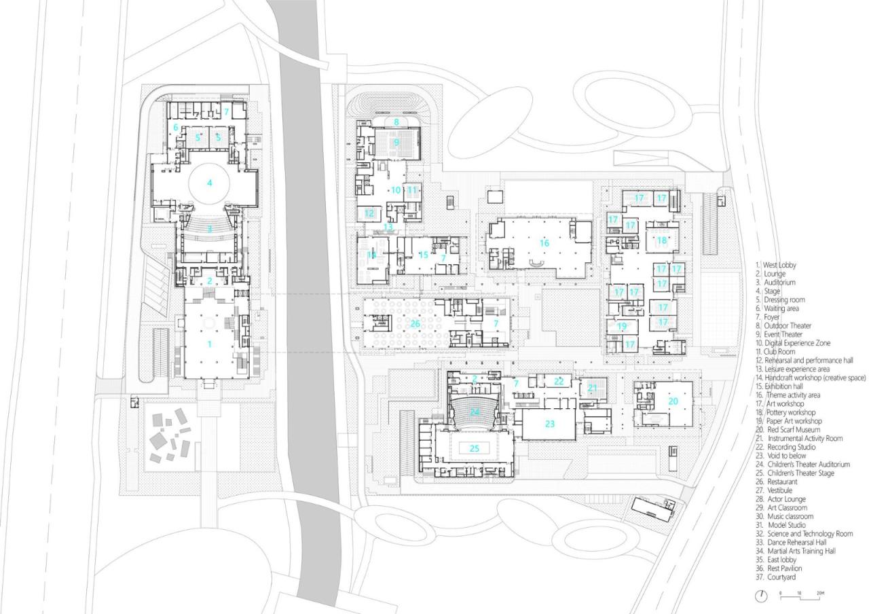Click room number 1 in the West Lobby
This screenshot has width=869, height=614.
pyautogui.click(x=210, y=344)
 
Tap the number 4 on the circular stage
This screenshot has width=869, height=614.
pyautogui.click(x=210, y=182)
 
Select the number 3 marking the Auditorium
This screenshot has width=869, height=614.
pyautogui.click(x=210, y=229)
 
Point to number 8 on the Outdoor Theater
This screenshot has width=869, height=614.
pyautogui.click(x=396, y=122)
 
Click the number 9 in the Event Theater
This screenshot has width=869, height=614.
pyautogui.click(x=396, y=142)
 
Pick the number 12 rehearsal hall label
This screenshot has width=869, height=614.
pyautogui.click(x=369, y=213)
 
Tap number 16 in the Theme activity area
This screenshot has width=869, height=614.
pyautogui.click(x=544, y=242)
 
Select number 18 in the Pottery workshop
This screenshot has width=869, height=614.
pyautogui.click(x=661, y=240)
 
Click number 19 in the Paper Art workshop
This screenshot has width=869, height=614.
pyautogui.click(x=622, y=327)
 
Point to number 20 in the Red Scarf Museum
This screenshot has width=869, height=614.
pyautogui.click(x=673, y=401)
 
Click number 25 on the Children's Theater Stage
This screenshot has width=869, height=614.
pyautogui.click(x=475, y=448)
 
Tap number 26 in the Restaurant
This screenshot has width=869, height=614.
pyautogui.click(x=415, y=323)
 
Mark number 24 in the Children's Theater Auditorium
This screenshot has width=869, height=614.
pyautogui.click(x=475, y=412)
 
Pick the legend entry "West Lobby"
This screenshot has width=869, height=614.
pyautogui.click(x=779, y=265)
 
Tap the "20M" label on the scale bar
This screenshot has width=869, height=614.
pyautogui.click(x=821, y=594)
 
